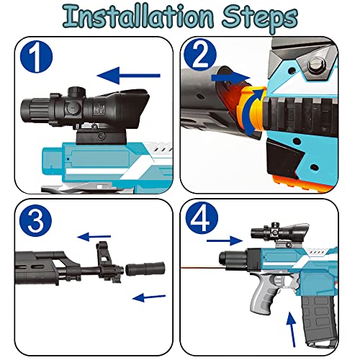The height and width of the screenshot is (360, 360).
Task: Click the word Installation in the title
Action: pyautogui.click(x=138, y=16)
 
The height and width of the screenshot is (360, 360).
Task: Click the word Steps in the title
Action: pyautogui.click(x=260, y=18)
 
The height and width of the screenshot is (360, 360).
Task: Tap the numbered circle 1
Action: pyautogui.click(x=36, y=57)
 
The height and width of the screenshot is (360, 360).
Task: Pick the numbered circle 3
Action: pyautogui.click(x=35, y=221)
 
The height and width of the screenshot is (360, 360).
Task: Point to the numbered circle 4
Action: pyautogui.click(x=202, y=217)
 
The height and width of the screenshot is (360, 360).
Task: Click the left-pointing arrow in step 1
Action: pyautogui.click(x=128, y=76)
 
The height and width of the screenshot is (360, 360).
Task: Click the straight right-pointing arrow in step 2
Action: pyautogui.click(x=230, y=78)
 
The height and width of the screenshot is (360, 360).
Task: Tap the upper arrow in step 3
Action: pyautogui.click(x=94, y=237)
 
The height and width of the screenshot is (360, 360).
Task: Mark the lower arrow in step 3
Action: pyautogui.click(x=149, y=297)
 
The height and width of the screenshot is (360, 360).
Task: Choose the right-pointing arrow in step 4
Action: pyautogui.click(x=225, y=240)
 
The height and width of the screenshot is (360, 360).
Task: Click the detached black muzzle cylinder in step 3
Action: pyautogui.click(x=145, y=269)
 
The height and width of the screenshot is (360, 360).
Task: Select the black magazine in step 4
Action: pyautogui.click(x=316, y=320)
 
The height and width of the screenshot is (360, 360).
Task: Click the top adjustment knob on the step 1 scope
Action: pyautogui.click(x=77, y=91)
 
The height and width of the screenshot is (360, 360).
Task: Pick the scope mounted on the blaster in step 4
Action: pyautogui.click(x=279, y=231)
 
